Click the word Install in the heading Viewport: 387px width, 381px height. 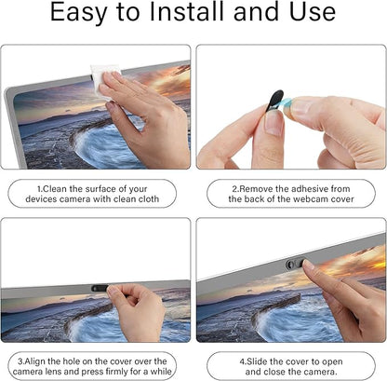click(188, 12)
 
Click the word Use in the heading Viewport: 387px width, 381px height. click(313, 12)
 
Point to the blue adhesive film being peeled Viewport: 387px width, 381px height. click(287, 105)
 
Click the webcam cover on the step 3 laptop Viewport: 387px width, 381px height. click(100, 288)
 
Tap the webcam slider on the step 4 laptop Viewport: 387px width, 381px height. click(295, 264)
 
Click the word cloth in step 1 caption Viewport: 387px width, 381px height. click(147, 198)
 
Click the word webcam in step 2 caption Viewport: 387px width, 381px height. click(311, 198)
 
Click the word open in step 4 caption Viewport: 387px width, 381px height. click(332, 362)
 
